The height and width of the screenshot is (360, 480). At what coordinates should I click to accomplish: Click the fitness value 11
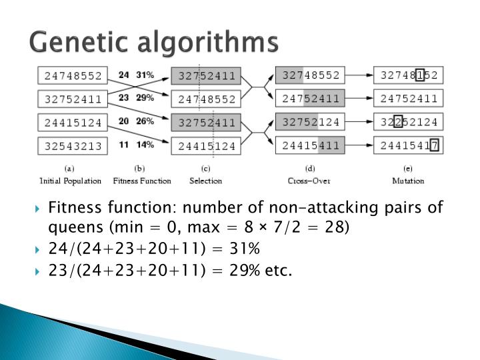click(123, 145)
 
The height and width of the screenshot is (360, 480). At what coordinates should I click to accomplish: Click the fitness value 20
click(123, 121)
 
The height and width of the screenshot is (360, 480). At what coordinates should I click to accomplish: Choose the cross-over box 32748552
click(311, 75)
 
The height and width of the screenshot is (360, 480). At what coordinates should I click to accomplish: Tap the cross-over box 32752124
click(311, 123)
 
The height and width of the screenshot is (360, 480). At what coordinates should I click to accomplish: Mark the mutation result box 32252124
click(409, 123)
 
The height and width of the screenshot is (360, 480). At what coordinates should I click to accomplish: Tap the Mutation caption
click(408, 181)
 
